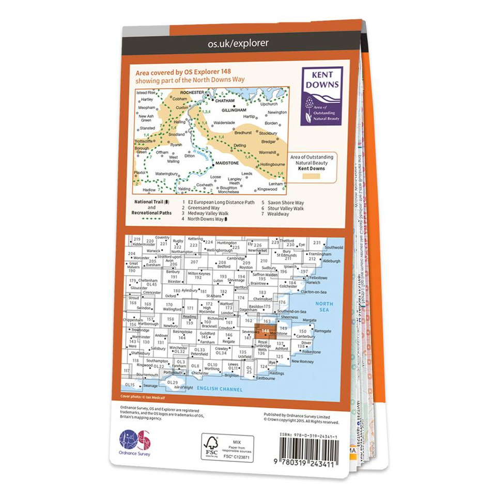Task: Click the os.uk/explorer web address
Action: tap(238, 43)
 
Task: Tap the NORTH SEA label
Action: tap(326, 307)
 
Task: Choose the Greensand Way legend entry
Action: tap(203, 208)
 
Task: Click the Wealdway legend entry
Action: tap(278, 214)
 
